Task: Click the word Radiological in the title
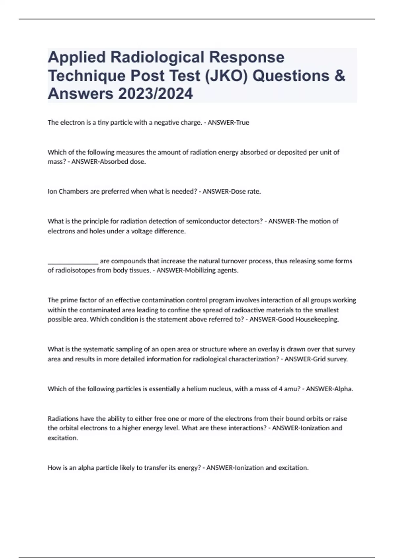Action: tap(157, 57)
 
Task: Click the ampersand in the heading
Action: tap(341, 75)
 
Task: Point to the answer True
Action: tap(243, 123)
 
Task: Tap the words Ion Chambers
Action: tap(68, 192)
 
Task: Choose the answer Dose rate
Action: tap(246, 192)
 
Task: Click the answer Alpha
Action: tap(343, 389)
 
